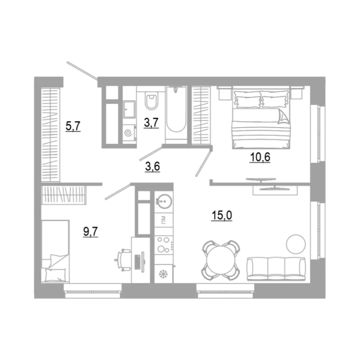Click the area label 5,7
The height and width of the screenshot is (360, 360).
(x=73, y=126)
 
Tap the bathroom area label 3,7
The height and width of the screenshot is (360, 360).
(x=151, y=123)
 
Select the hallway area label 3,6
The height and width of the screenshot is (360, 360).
(x=152, y=166)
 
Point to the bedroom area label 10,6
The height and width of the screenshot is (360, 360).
(x=260, y=157)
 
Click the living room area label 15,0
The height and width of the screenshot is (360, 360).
(x=222, y=215)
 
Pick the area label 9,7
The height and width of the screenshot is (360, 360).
(x=90, y=232)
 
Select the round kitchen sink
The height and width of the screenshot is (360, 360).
(x=164, y=202)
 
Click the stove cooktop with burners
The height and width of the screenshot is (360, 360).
(x=164, y=245)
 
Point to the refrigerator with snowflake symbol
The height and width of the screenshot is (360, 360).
(x=164, y=273)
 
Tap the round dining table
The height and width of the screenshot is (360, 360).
(x=221, y=260)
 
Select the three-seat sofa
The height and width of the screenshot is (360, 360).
(x=276, y=269)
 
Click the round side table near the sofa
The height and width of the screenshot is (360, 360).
(x=296, y=244)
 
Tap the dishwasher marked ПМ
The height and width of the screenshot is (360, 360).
(x=164, y=220)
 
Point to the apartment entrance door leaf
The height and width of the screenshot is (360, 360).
(x=82, y=71)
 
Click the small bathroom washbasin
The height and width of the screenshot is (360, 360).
(x=129, y=110)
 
